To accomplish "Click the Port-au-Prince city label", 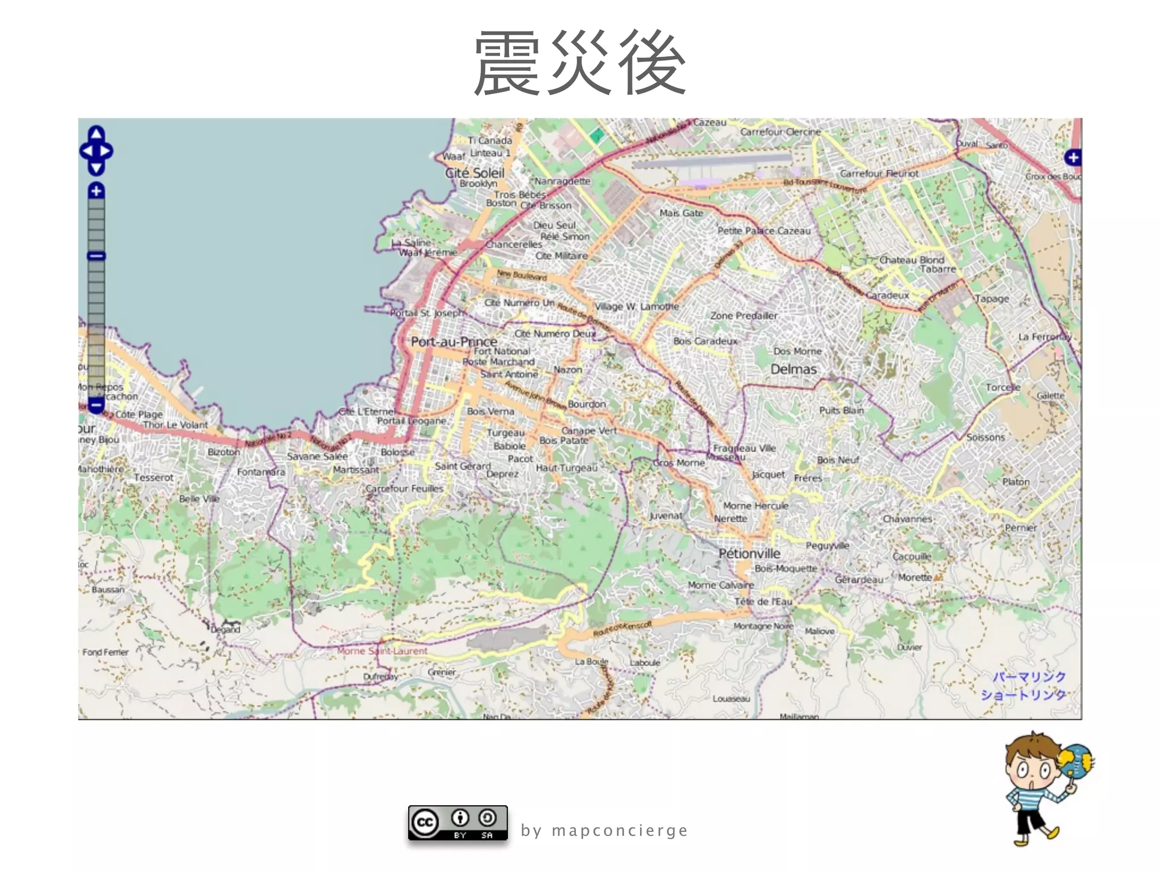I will click(x=454, y=341).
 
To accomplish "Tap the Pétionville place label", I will click(x=749, y=553).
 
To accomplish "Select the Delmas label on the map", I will click(x=793, y=369).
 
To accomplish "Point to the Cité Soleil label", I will click(x=474, y=172).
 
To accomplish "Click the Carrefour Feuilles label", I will click(x=404, y=488).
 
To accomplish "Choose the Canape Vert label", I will click(x=589, y=430).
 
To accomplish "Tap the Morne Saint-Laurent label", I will click(x=382, y=651).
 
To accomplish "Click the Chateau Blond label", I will click(x=912, y=260).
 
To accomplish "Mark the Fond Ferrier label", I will click(x=105, y=652).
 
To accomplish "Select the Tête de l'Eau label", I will click(x=763, y=601).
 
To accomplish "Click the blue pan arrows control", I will click(x=96, y=151).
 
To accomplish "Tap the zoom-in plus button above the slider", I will click(x=96, y=191).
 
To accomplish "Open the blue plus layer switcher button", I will click(x=1073, y=158).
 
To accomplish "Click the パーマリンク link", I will click(x=1029, y=676).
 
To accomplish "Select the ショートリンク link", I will click(x=1023, y=695).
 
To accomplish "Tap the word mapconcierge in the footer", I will click(x=620, y=831).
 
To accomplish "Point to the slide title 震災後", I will click(x=579, y=64).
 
